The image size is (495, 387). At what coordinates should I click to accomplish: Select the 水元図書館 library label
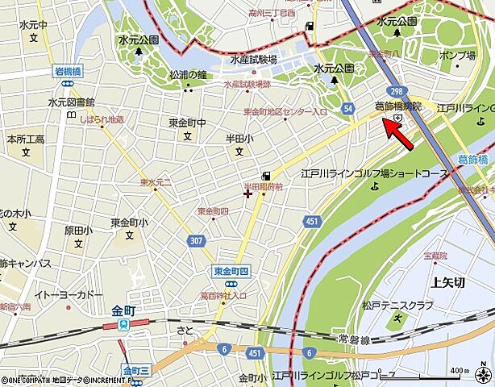coord(71,102)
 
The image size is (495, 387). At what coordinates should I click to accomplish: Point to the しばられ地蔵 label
coord(102,119)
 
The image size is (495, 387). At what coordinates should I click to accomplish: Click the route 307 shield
coord(196,240)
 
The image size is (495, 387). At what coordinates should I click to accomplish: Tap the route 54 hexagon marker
coord(347,108)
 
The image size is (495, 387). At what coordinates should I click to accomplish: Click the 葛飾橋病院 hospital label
coord(398,106)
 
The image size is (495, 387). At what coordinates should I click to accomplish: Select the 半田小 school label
coord(239,139)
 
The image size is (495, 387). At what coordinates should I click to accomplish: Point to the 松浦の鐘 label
coord(188,74)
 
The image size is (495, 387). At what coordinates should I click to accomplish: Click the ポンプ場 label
coord(457,55)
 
